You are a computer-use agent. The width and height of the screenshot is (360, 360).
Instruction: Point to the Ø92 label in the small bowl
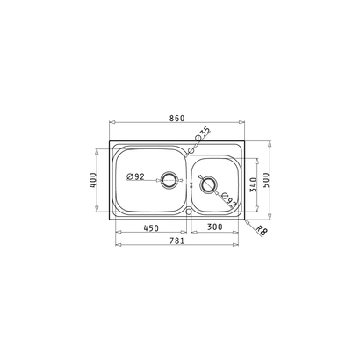pyautogui.click(x=227, y=201)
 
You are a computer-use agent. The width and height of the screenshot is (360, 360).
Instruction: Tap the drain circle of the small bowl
pyautogui.click(x=207, y=184)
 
